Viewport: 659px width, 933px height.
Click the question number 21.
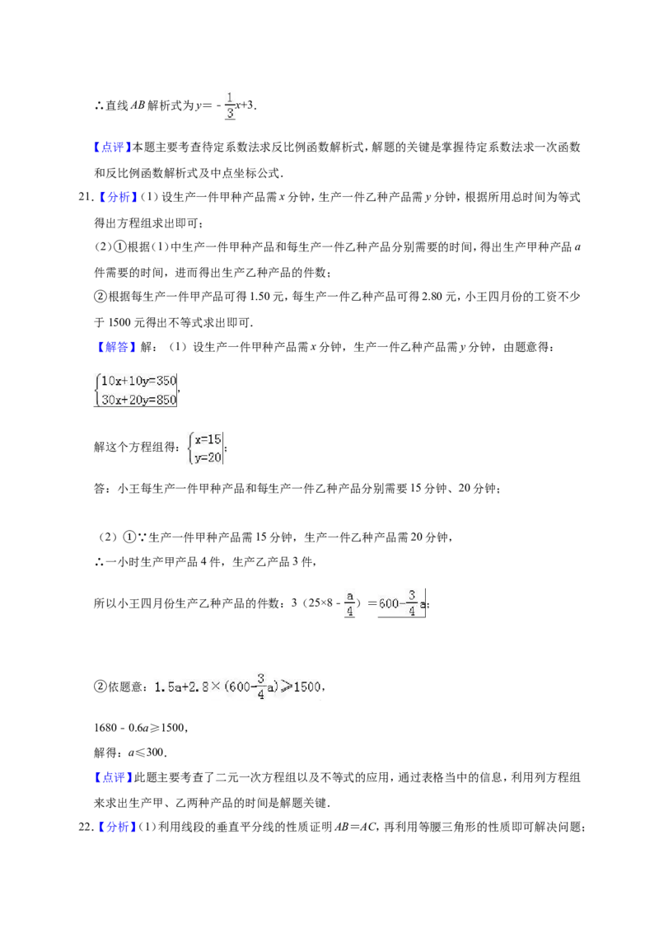click(x=85, y=197)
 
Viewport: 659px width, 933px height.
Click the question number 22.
click(x=85, y=827)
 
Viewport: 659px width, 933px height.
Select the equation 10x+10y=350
click(x=138, y=381)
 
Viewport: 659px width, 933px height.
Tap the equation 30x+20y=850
click(x=138, y=400)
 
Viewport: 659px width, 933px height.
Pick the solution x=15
click(x=208, y=439)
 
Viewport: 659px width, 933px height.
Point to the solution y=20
click(x=208, y=457)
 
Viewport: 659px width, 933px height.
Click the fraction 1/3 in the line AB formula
click(x=230, y=106)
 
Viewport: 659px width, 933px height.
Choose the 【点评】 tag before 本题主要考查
click(x=112, y=147)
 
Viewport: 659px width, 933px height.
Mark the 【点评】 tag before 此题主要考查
click(x=112, y=777)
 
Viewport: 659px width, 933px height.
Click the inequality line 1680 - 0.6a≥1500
click(x=140, y=728)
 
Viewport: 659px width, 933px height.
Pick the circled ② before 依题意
click(x=100, y=687)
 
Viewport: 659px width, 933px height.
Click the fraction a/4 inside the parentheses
click(x=350, y=603)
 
